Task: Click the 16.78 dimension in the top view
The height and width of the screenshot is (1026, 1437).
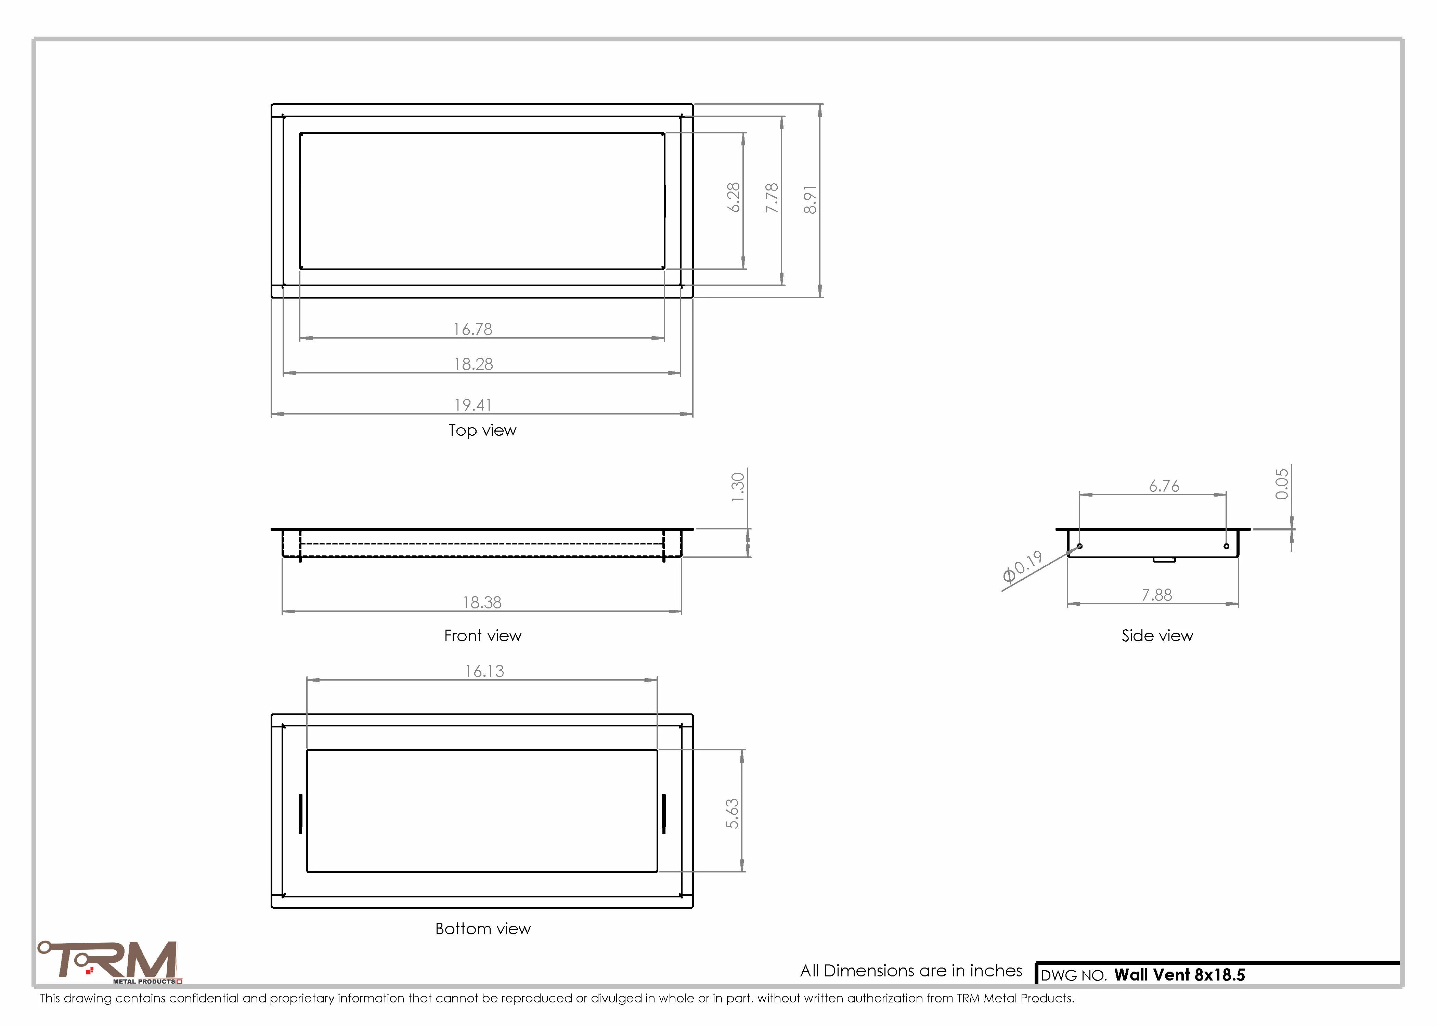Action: (473, 329)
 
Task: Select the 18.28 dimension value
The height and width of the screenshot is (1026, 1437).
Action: (473, 364)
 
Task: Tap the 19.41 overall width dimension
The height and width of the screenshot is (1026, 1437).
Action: (473, 405)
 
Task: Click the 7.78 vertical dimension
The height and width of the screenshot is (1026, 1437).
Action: (772, 198)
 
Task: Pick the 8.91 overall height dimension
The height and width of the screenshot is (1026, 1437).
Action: (810, 200)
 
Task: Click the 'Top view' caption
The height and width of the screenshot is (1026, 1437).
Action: (482, 430)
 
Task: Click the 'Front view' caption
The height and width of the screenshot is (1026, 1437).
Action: (483, 635)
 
